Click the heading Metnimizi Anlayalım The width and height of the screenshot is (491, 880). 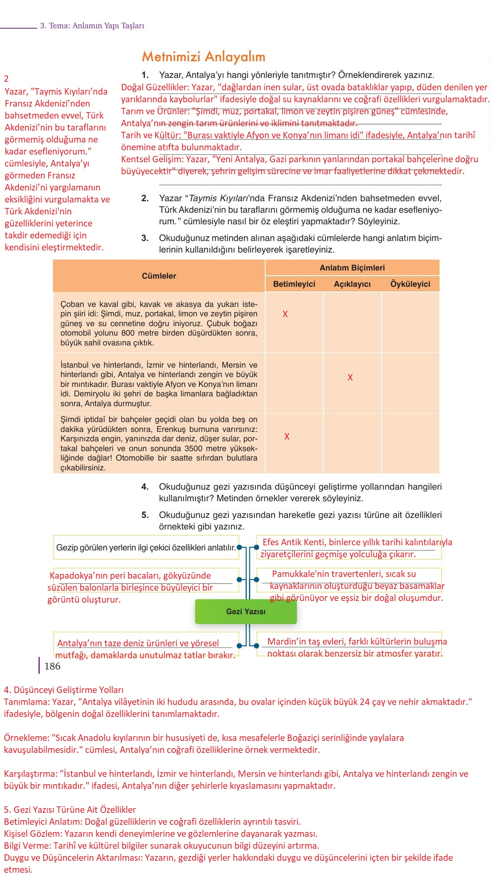coord(204,56)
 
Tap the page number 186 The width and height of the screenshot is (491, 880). coord(52,666)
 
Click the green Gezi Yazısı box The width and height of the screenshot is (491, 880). coord(246,611)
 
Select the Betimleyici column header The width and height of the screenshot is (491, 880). coord(294,284)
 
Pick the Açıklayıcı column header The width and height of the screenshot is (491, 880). coord(352,284)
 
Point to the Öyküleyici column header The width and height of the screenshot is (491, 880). coord(410,284)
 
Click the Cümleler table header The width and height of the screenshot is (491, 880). coord(159,276)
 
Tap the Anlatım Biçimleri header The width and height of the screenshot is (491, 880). coord(352,268)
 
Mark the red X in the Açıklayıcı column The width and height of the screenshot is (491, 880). coord(350,378)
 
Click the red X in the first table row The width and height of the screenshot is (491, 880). coord(285,314)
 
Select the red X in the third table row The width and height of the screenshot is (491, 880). coord(287,437)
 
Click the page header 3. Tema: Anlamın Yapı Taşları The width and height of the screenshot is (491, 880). coord(92,26)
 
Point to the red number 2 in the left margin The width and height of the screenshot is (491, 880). coord(6,79)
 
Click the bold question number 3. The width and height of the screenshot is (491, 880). coord(145,238)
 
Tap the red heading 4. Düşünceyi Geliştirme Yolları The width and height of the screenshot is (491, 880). coord(64,690)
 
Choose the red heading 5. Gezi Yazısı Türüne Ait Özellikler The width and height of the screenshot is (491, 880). coord(70,810)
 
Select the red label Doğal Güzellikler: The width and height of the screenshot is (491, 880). coord(155,87)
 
